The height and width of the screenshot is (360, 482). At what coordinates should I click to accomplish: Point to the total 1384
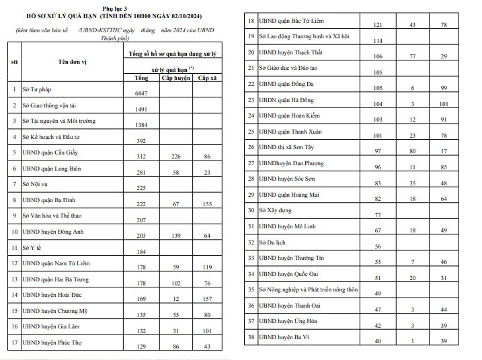pos(145,126)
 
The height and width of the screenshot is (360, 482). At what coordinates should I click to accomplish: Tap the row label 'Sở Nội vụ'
pos(38,184)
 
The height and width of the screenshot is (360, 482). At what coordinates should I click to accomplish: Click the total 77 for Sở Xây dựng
pos(377,215)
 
